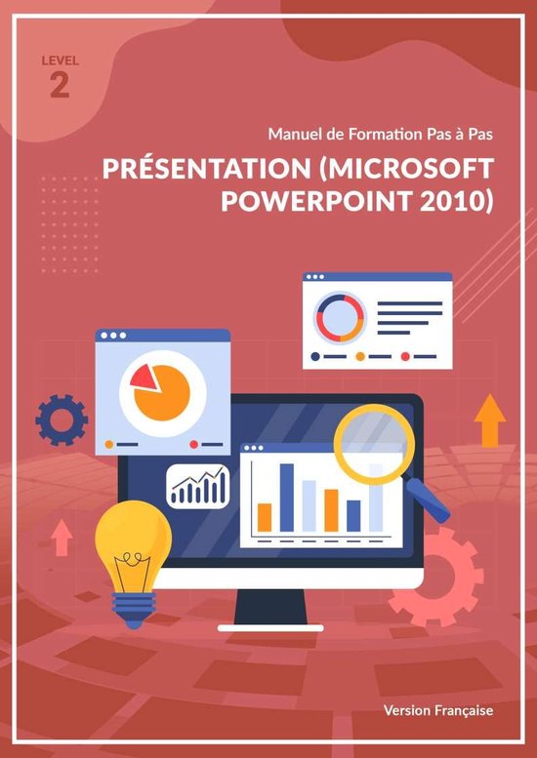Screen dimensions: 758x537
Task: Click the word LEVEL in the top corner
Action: click(60, 60)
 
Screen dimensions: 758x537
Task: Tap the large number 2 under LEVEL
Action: click(60, 85)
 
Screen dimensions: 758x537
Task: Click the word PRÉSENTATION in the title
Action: click(202, 170)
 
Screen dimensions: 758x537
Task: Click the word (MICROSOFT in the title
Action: click(404, 170)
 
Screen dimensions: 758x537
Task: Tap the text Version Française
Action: click(438, 710)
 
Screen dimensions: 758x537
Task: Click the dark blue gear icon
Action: click(62, 420)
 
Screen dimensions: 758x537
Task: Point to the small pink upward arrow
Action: click(62, 537)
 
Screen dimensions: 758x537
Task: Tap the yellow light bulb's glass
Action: click(133, 541)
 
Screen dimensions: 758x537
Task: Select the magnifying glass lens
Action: click(374, 442)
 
